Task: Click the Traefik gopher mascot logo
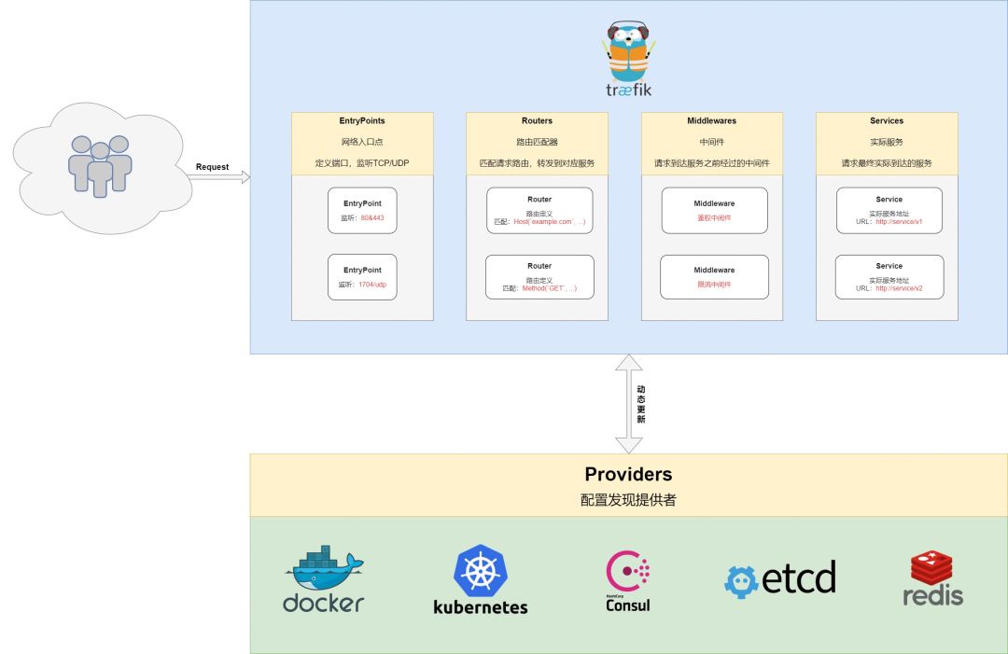tap(628, 53)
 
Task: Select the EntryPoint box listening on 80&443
tap(362, 211)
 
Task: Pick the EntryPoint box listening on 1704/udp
tap(362, 276)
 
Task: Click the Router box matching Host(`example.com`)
tap(539, 211)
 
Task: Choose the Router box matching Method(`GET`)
tap(539, 277)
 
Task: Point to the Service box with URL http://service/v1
tap(889, 211)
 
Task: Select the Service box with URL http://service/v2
tap(889, 277)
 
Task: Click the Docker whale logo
tap(323, 579)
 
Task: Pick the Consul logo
tap(628, 581)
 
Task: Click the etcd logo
tap(780, 578)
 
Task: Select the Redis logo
tap(932, 578)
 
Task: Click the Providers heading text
tap(628, 475)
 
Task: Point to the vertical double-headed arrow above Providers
tap(628, 403)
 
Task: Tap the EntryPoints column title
tap(362, 121)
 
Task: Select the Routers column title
tap(537, 121)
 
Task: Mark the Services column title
tap(887, 121)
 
